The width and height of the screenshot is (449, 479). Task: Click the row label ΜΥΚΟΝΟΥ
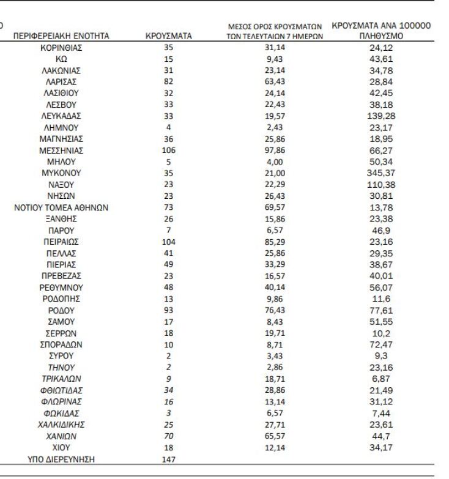[61, 173]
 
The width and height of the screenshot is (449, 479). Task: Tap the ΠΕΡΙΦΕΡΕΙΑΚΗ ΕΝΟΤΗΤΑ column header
[61, 36]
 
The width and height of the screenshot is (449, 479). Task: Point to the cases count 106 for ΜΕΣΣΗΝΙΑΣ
[169, 150]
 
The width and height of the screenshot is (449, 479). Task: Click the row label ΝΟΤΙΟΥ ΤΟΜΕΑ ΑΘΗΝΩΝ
[61, 207]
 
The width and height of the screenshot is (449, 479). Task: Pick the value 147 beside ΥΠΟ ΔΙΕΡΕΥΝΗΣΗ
[169, 459]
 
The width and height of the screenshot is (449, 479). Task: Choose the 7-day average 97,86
[275, 150]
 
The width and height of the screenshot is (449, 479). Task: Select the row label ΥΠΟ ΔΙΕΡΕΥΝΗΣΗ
[61, 459]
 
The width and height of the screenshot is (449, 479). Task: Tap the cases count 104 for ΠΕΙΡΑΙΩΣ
[169, 242]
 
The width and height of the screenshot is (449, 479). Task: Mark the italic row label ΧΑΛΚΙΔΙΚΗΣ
[61, 424]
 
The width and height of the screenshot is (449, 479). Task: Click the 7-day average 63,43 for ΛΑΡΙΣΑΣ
[275, 81]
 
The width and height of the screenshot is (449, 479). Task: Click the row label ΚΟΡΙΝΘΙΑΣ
[61, 47]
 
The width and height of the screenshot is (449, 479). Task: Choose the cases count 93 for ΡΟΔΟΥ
[169, 310]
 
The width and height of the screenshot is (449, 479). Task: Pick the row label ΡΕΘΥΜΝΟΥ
[61, 287]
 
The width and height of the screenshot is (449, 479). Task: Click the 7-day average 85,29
[275, 242]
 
